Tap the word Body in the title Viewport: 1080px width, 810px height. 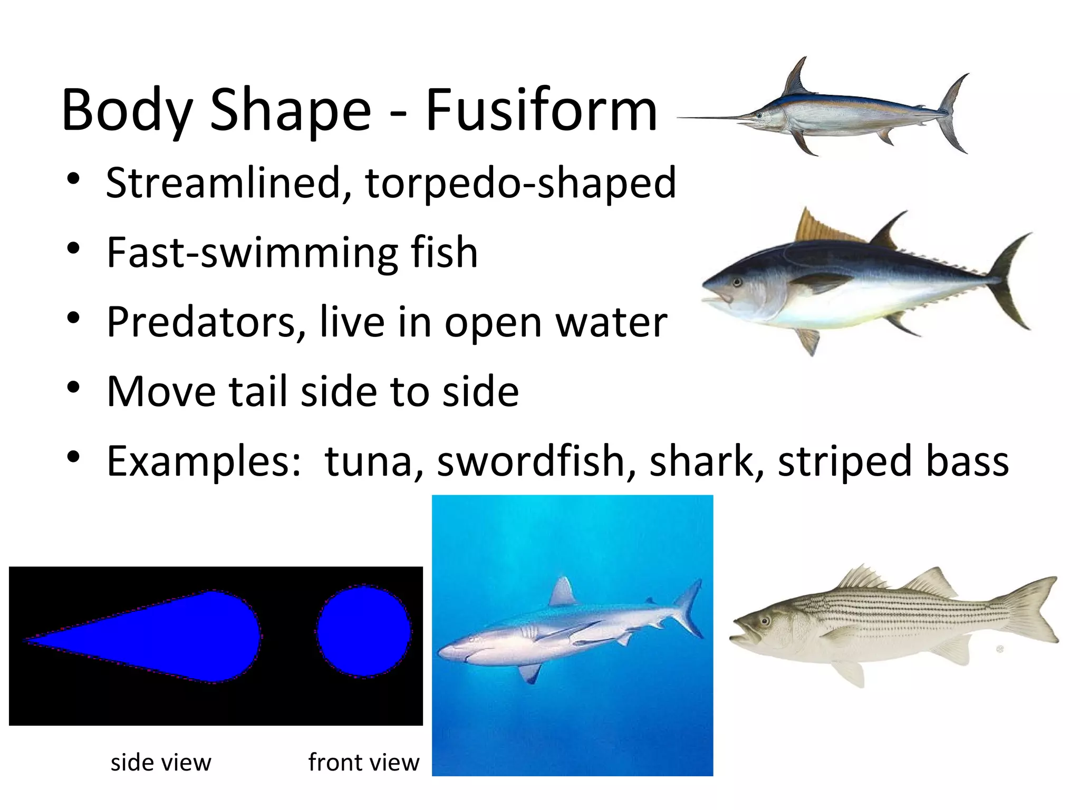(x=127, y=111)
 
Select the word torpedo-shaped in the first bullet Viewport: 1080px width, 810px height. (x=520, y=184)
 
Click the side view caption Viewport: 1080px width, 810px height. (x=161, y=763)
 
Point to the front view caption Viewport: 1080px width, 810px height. (x=363, y=763)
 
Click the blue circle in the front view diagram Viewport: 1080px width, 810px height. (x=364, y=631)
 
